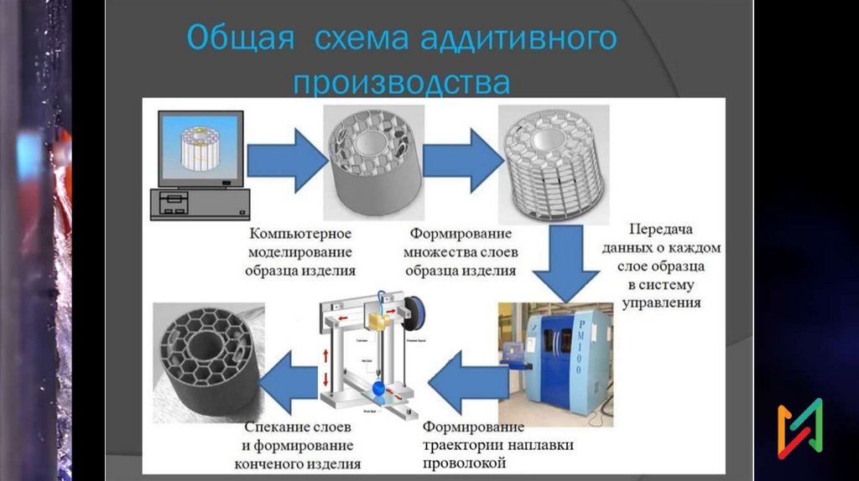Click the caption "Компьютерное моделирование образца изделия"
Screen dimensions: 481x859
tap(299, 251)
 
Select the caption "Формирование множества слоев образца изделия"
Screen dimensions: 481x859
tap(461, 252)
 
